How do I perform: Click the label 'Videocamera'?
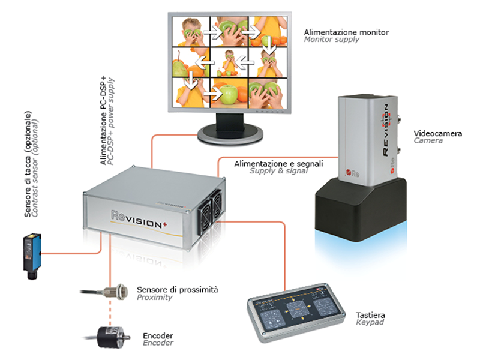point(438,133)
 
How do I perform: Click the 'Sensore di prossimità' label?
point(178,289)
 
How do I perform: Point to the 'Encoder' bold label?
point(158,335)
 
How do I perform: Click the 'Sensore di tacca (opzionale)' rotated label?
point(28,163)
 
